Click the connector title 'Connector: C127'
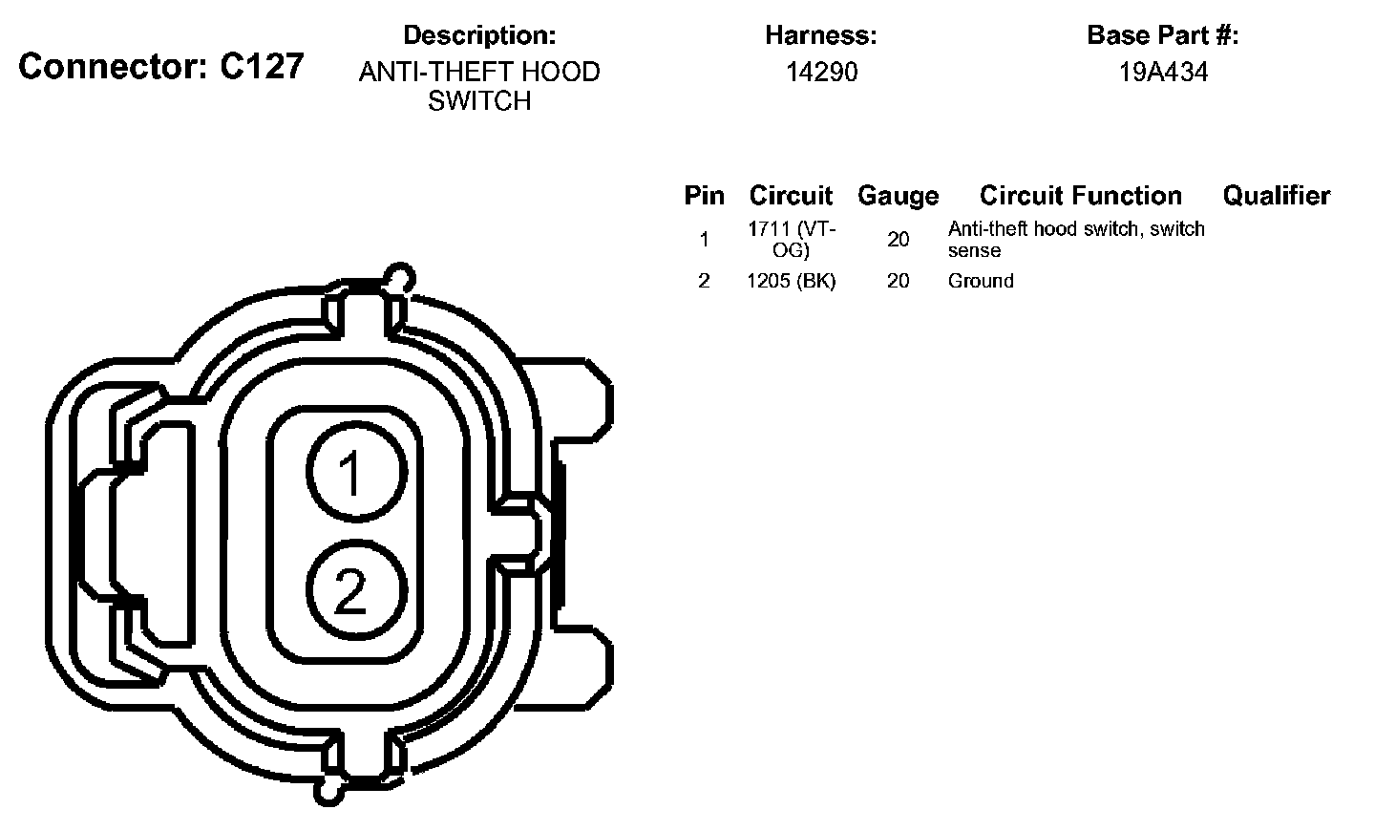(x=160, y=66)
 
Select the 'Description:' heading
(x=479, y=35)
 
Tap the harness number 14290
(x=821, y=72)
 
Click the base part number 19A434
(x=1163, y=72)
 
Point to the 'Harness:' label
(x=821, y=35)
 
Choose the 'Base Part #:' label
(x=1163, y=35)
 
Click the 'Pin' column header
(x=704, y=195)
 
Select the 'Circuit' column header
(x=791, y=195)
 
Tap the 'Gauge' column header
(x=898, y=196)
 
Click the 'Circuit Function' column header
(x=1080, y=195)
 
